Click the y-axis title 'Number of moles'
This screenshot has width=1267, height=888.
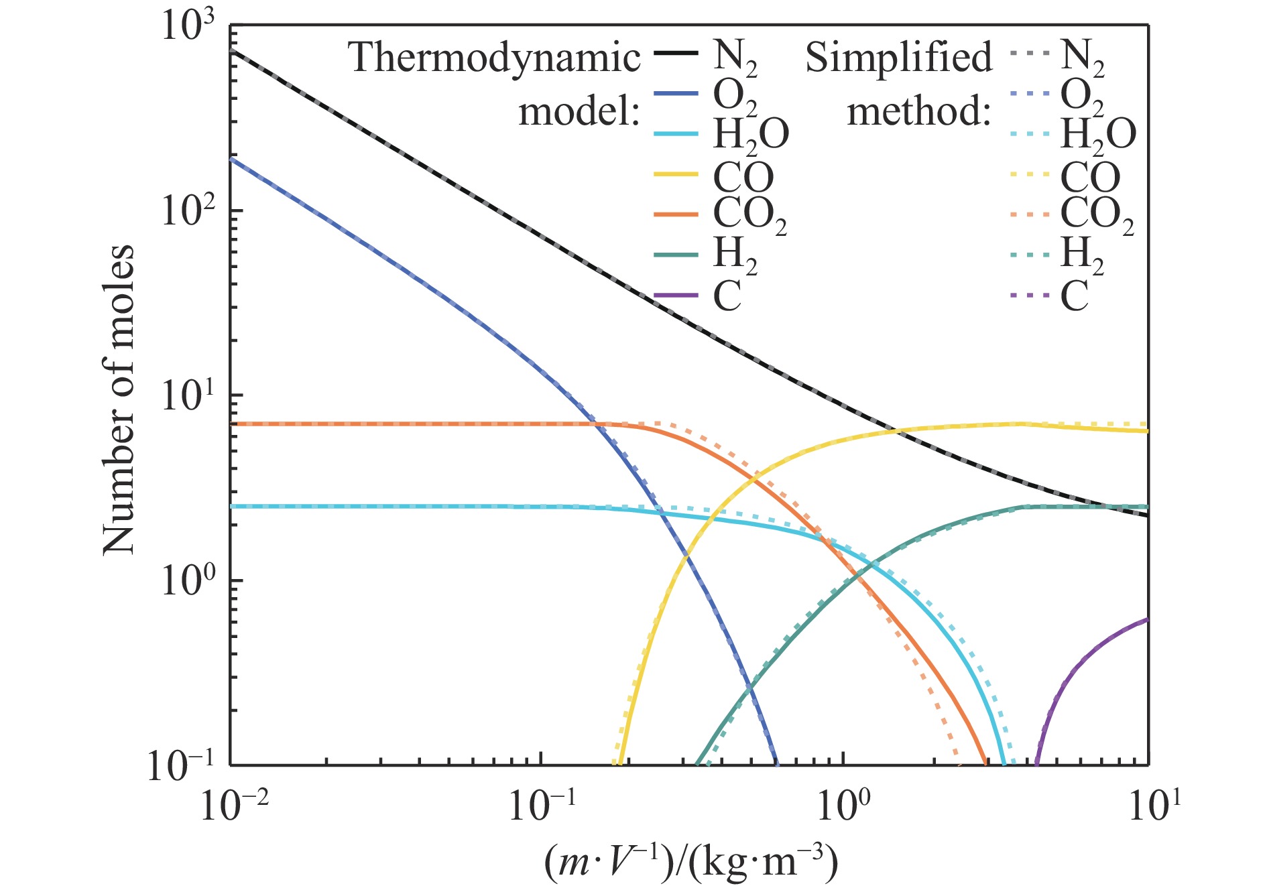click(x=119, y=399)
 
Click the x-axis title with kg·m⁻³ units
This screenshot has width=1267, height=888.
click(x=690, y=863)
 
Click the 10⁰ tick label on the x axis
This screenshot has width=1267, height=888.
click(x=844, y=804)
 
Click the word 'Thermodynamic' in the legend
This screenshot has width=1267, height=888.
click(x=494, y=58)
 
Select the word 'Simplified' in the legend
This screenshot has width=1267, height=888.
click(x=898, y=58)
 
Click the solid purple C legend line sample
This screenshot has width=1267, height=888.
click(x=676, y=295)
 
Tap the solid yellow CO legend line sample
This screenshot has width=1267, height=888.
click(x=676, y=175)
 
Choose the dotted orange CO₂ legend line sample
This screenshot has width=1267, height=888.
click(x=1028, y=214)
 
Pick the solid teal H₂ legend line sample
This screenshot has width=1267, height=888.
click(x=676, y=255)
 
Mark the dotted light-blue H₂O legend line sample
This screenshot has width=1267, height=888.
click(x=1028, y=134)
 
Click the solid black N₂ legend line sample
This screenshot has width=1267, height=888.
click(x=676, y=54)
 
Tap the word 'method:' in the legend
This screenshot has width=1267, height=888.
click(x=918, y=112)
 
